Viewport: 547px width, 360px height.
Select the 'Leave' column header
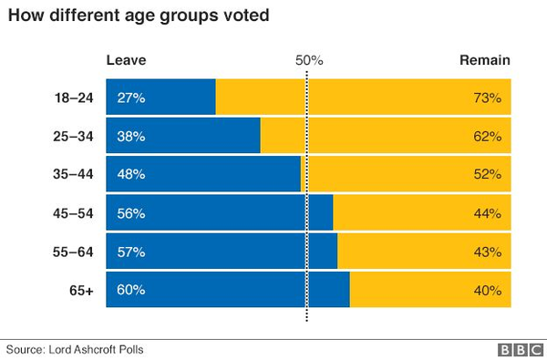[126, 60]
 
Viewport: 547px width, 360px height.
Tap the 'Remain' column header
[483, 60]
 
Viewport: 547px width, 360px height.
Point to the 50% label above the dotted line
[310, 60]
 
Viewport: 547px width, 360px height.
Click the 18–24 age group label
[75, 98]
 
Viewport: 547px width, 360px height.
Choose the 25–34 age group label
[75, 136]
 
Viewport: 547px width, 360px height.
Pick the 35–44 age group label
[75, 174]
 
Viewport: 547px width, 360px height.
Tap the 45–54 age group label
[75, 213]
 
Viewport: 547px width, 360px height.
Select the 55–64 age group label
[75, 252]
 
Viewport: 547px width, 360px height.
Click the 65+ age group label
[80, 290]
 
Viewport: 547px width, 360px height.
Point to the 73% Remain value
[488, 98]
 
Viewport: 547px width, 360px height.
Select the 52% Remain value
[488, 174]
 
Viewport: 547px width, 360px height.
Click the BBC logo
[518, 349]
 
